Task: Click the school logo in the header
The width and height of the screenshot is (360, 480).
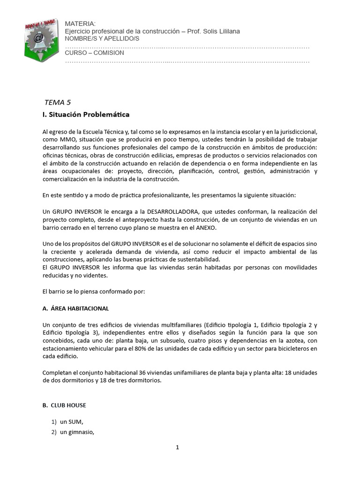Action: tap(41, 39)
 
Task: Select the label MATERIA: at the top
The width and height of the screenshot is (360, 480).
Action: tap(80, 23)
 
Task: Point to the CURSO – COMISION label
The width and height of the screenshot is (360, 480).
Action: tap(94, 52)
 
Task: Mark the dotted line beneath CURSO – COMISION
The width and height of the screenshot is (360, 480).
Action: tap(187, 61)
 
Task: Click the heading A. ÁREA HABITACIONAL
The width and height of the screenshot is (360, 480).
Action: tap(75, 308)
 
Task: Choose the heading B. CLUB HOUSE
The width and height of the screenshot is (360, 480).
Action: tap(64, 405)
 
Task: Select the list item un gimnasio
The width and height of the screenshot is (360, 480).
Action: tap(77, 432)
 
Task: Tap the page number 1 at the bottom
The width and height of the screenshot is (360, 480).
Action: tap(178, 447)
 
